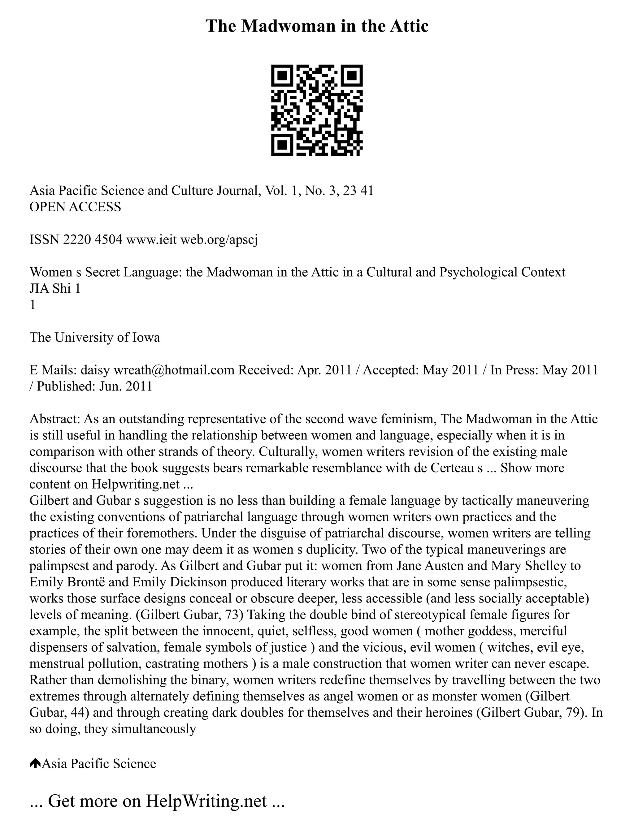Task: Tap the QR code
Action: point(317,110)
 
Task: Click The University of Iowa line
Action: point(95,337)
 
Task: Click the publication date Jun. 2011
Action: point(125,386)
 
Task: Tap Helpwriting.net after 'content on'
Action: point(136,484)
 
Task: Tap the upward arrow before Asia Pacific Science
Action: point(35,764)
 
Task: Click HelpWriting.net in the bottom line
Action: point(206,801)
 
